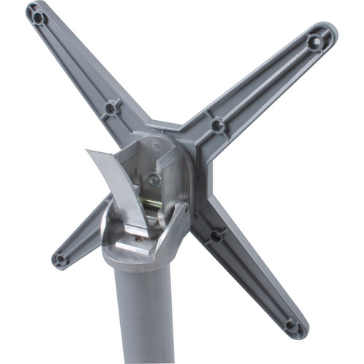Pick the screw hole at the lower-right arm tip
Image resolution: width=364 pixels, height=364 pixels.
pyautogui.click(x=292, y=325)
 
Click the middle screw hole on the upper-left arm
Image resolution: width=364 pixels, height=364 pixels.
pyautogui.click(x=111, y=108)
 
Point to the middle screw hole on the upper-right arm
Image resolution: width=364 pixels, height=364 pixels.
pyautogui.click(x=218, y=125)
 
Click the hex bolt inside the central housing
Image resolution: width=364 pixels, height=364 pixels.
pyautogui.click(x=153, y=180)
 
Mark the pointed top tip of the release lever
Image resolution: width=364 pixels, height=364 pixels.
pyautogui.click(x=87, y=151)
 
